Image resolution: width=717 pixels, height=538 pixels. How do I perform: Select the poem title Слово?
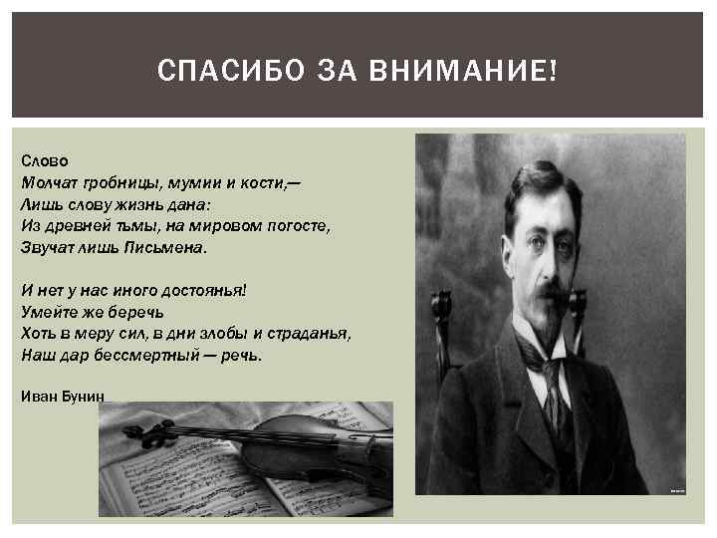[40, 159]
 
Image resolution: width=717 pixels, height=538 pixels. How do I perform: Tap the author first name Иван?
[36, 396]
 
